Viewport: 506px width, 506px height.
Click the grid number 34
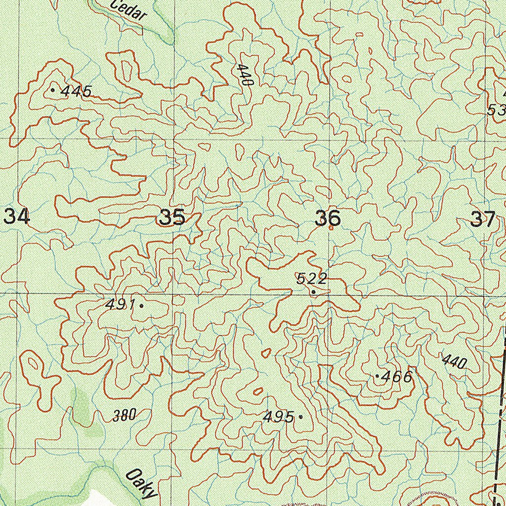[x=17, y=216]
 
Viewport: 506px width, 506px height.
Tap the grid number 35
[x=172, y=217]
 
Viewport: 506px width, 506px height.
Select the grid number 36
[x=328, y=217]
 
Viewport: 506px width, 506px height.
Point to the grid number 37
[x=482, y=218]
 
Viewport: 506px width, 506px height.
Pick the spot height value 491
[x=120, y=305]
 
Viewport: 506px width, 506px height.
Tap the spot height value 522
[x=311, y=279]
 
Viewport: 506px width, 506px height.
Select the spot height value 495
[x=279, y=417]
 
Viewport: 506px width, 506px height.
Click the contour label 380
[x=124, y=416]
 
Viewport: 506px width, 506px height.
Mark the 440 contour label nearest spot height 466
[x=454, y=362]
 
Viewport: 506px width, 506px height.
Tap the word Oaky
[x=141, y=484]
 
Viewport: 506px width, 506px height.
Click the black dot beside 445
[x=53, y=90]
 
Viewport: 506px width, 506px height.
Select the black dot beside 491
[x=142, y=305]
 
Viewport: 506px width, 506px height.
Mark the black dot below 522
[x=313, y=292]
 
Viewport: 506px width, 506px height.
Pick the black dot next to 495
[x=300, y=417]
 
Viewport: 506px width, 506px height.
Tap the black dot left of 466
[x=377, y=377]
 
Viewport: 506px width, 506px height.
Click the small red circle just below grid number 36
[x=331, y=228]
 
